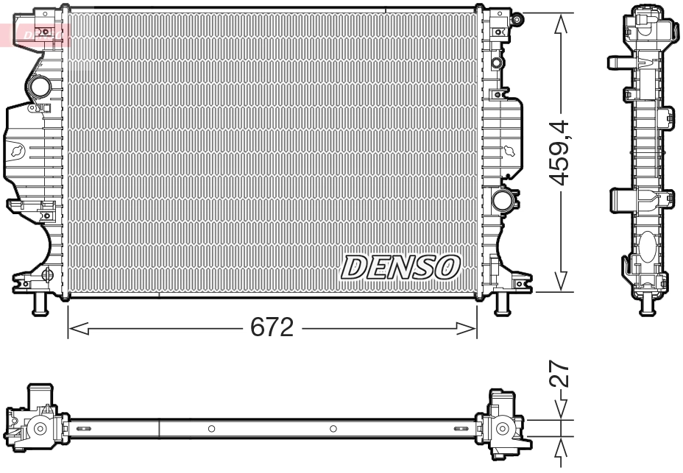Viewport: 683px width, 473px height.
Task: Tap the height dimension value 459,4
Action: pos(561,152)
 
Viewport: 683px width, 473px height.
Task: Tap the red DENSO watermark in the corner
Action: pos(37,34)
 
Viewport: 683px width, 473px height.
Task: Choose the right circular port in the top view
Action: pos(503,428)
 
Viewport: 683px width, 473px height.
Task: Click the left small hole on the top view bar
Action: pos(211,429)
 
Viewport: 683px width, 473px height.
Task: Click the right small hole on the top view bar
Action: pos(333,429)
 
